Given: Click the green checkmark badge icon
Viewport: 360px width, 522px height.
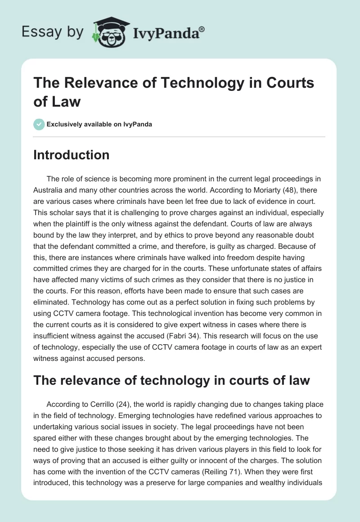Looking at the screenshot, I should pyautogui.click(x=39, y=124).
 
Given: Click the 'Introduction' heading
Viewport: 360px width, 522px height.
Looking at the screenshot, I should pyautogui.click(x=72, y=155).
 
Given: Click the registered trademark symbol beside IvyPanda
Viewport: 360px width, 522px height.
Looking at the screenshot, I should pyautogui.click(x=202, y=29).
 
